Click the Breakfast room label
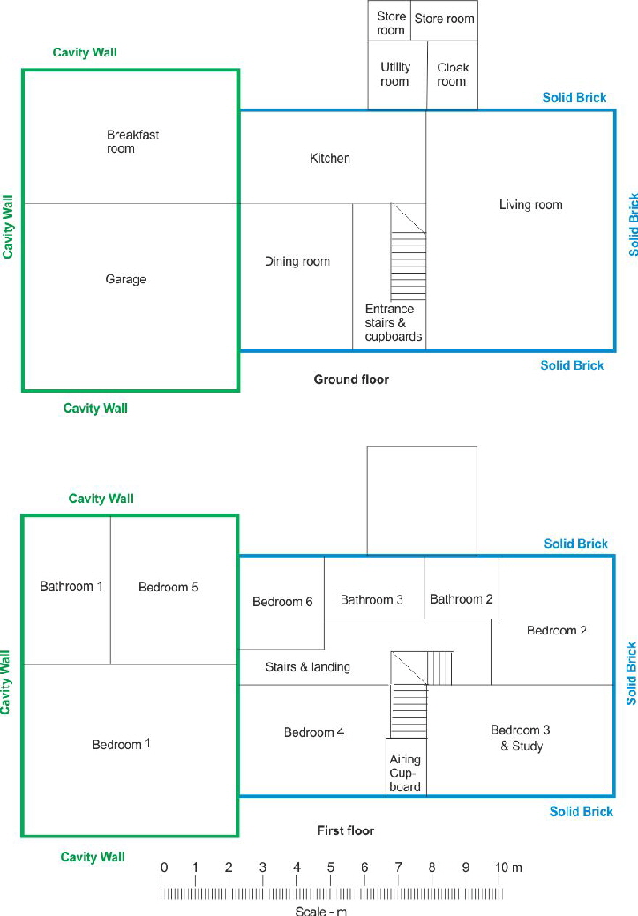[x=132, y=142]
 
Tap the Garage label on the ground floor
[x=125, y=280]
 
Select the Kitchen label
[x=330, y=159]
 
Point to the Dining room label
[x=297, y=261]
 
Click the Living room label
[x=530, y=205]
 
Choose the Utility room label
[x=395, y=74]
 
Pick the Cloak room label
[x=453, y=74]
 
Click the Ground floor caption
[x=351, y=379]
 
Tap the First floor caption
[x=345, y=830]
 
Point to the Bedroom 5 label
[x=169, y=587]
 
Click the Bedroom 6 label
[x=282, y=602]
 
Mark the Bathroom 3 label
[x=372, y=600]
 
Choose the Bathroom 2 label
[x=462, y=600]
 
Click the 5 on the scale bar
[x=330, y=867]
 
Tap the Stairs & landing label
[x=307, y=667]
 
